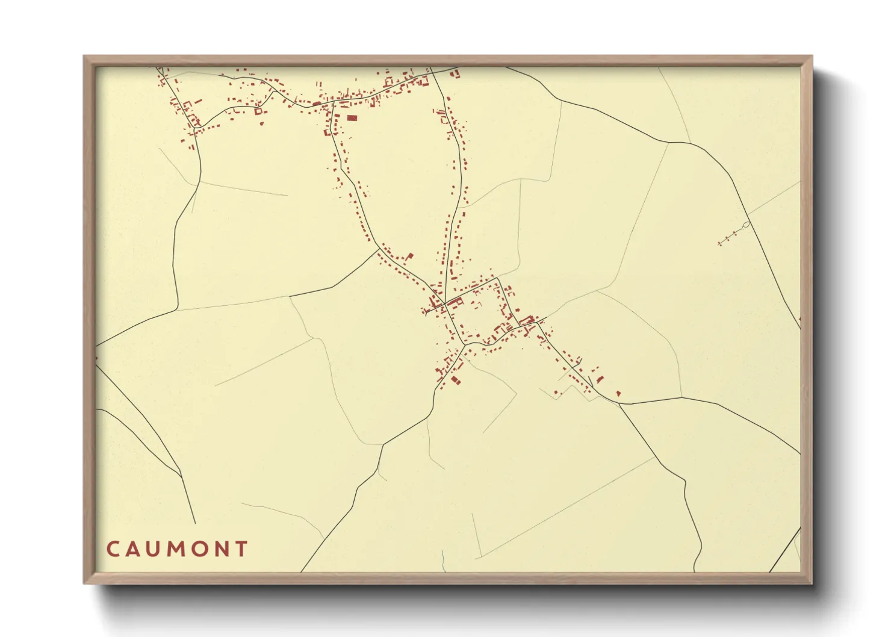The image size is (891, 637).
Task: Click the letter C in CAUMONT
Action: pyautogui.click(x=113, y=549)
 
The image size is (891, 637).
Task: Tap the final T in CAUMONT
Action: pyautogui.click(x=242, y=549)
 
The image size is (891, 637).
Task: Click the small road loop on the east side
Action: pyautogui.click(x=747, y=225)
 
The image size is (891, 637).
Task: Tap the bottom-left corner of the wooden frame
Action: pyautogui.click(x=85, y=582)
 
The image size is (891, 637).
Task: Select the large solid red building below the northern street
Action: pyautogui.click(x=352, y=118)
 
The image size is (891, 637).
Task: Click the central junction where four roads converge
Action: pyautogui.click(x=445, y=303)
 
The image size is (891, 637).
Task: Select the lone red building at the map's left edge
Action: pyautogui.click(x=96, y=358)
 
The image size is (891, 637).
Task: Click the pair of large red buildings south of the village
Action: pyautogui.click(x=455, y=380)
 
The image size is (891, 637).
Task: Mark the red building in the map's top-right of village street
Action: pyautogui.click(x=456, y=73)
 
